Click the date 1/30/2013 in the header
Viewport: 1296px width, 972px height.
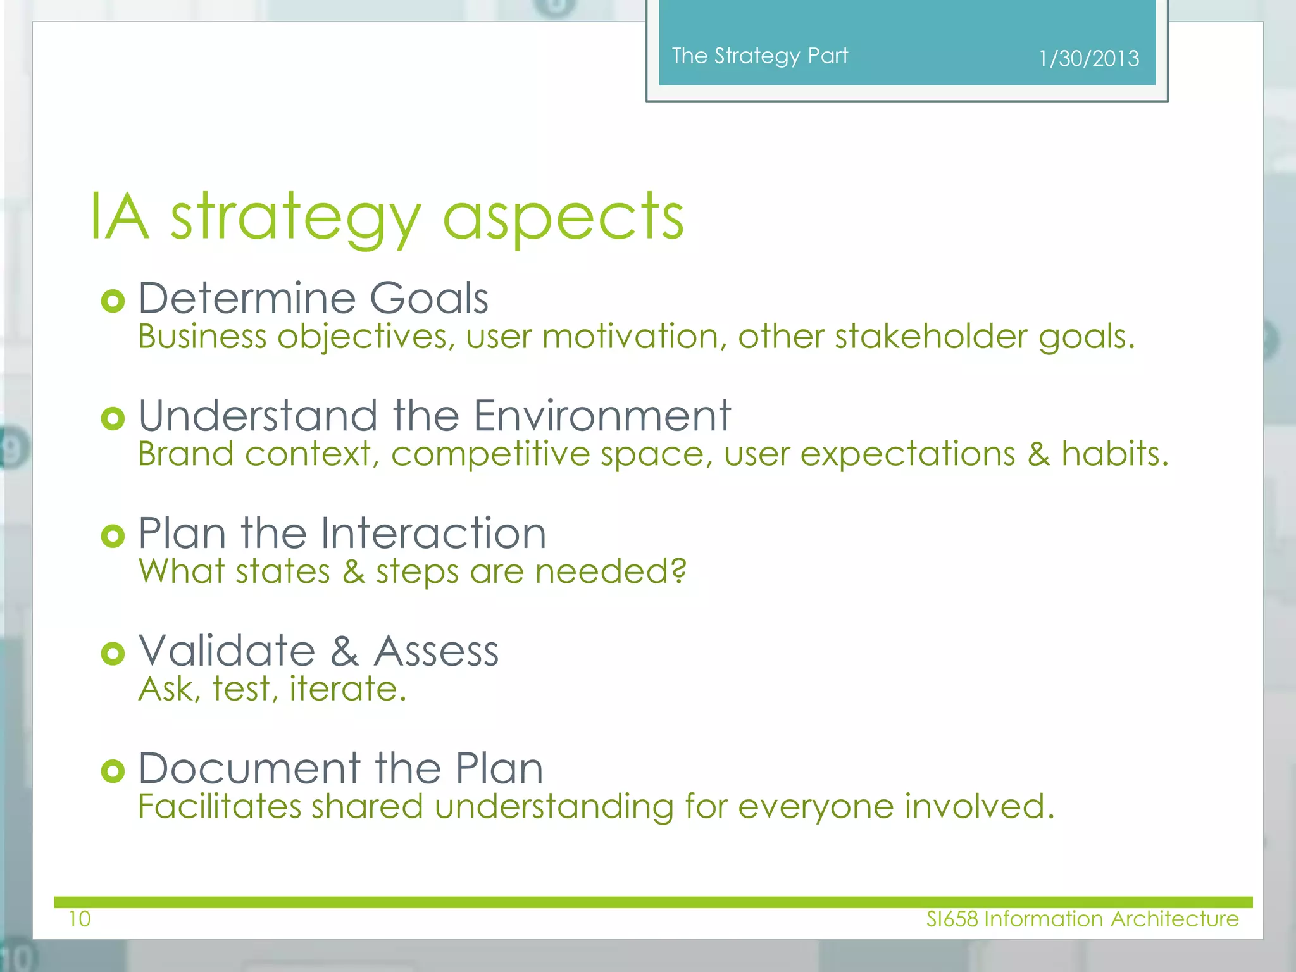coord(1088,58)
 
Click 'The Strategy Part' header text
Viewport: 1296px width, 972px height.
coord(759,56)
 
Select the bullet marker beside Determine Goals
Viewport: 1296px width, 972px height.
coord(113,301)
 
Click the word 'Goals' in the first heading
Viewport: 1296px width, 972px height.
coord(428,298)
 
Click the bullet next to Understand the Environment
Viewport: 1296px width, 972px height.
coord(113,418)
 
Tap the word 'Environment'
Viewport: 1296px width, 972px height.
coord(602,416)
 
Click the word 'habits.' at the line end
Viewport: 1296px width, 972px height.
coord(1114,454)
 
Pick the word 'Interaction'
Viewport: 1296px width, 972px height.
coord(433,533)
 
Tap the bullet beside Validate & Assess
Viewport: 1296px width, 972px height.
coord(113,654)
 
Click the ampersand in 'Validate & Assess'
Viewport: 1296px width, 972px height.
coord(344,651)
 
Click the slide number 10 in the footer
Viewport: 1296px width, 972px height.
coord(80,919)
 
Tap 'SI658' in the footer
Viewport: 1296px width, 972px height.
coord(952,919)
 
